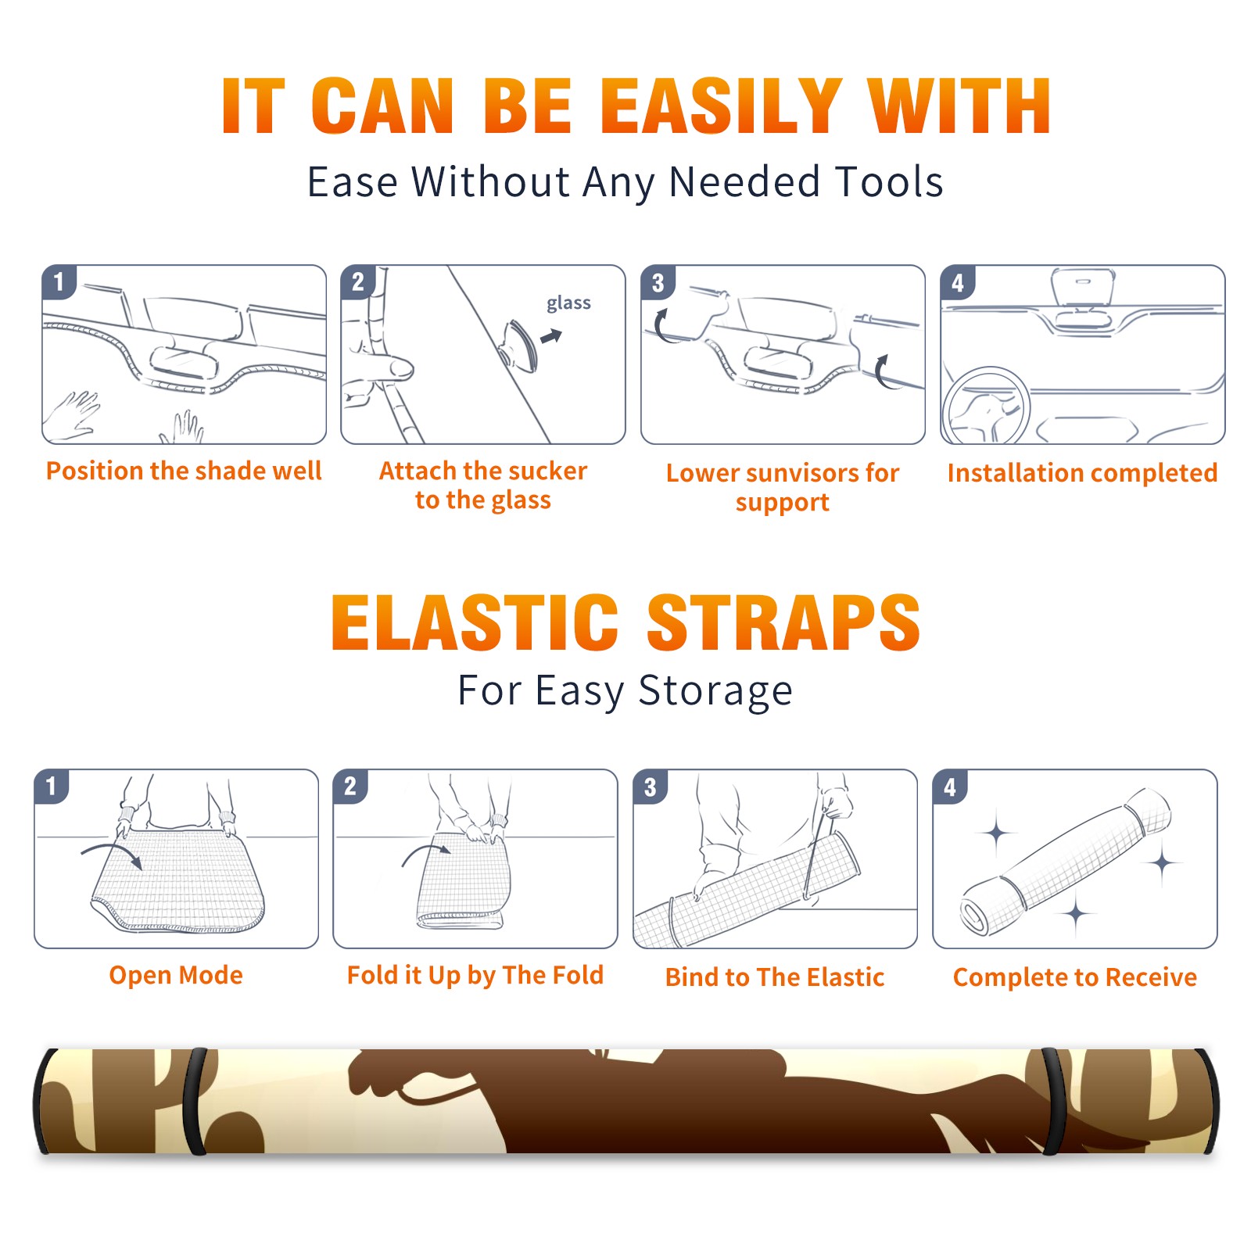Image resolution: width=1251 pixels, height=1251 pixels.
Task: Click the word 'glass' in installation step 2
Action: [568, 303]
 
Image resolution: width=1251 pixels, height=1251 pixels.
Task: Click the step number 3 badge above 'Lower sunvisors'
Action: [658, 283]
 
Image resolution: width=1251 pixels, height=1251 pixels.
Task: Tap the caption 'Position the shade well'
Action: [184, 471]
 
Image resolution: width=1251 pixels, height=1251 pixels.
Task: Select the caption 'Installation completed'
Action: [1082, 472]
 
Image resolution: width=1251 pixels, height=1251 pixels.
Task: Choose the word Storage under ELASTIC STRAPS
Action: [715, 691]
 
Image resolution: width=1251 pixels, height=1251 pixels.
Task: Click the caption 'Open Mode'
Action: [176, 975]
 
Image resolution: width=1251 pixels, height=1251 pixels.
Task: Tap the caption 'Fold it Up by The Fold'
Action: [475, 975]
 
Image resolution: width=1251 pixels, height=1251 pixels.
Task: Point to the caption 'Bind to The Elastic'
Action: [775, 977]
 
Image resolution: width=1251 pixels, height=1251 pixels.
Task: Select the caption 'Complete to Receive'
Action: [1075, 977]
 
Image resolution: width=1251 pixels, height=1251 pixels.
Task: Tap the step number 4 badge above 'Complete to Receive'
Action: [950, 787]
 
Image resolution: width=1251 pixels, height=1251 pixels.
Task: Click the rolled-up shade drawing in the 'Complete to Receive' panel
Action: [1066, 861]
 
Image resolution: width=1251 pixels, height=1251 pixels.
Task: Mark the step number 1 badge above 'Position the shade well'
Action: [59, 282]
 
